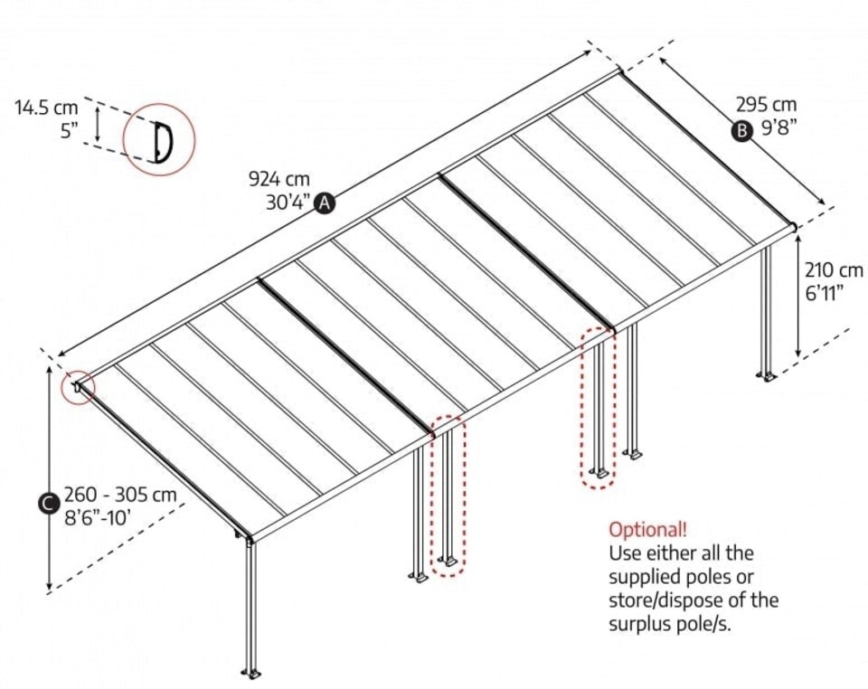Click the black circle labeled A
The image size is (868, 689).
[x=324, y=203]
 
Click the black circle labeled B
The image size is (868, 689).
[x=741, y=131]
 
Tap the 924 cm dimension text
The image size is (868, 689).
[x=274, y=179]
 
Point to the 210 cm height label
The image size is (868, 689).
[x=834, y=269]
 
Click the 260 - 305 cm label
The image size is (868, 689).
[x=119, y=496]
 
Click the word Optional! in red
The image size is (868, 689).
[x=647, y=529]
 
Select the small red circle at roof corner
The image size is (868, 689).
[x=79, y=388]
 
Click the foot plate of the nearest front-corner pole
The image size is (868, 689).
[x=250, y=673]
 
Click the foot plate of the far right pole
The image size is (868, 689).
[x=768, y=375]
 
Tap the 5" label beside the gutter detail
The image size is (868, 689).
[x=70, y=131]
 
